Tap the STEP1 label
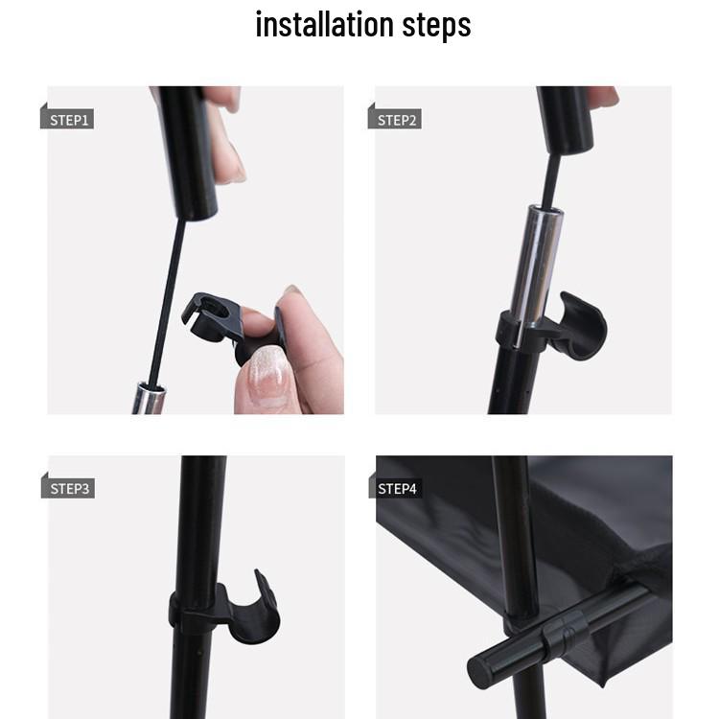pyautogui.click(x=68, y=120)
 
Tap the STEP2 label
pyautogui.click(x=396, y=120)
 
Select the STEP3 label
pyautogui.click(x=69, y=488)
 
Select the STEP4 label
pyautogui.click(x=397, y=488)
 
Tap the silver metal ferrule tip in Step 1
pyautogui.click(x=149, y=398)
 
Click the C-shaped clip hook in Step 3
pyautogui.click(x=257, y=610)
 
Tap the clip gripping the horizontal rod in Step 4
pyautogui.click(x=566, y=633)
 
